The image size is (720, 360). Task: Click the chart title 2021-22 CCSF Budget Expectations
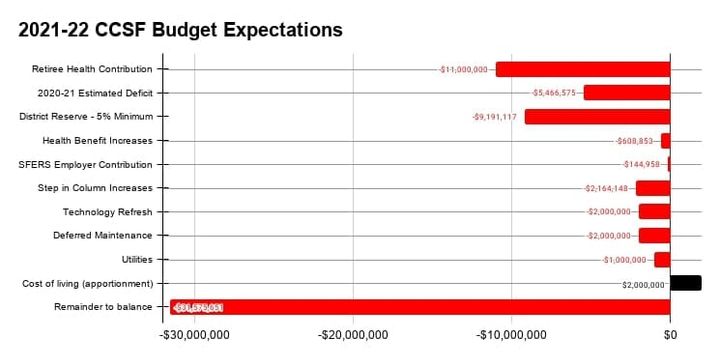coord(180,30)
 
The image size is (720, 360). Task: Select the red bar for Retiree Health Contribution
coord(582,69)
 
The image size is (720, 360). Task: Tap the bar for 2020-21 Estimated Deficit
coord(626,93)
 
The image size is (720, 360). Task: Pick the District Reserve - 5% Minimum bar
coord(596,116)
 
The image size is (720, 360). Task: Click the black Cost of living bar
coord(685,283)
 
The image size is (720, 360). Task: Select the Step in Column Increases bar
coord(652,188)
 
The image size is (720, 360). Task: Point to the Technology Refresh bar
coord(654,211)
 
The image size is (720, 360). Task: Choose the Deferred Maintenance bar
coord(654,235)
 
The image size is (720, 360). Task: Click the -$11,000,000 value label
coord(463,70)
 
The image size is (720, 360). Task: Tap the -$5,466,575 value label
coord(553,93)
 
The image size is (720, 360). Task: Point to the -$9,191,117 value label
coord(494,117)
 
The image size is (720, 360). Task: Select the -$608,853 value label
coord(633,141)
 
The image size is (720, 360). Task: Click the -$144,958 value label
coord(641,164)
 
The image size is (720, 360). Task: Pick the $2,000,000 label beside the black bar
coord(642,284)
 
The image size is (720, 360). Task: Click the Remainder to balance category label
coord(105,307)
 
